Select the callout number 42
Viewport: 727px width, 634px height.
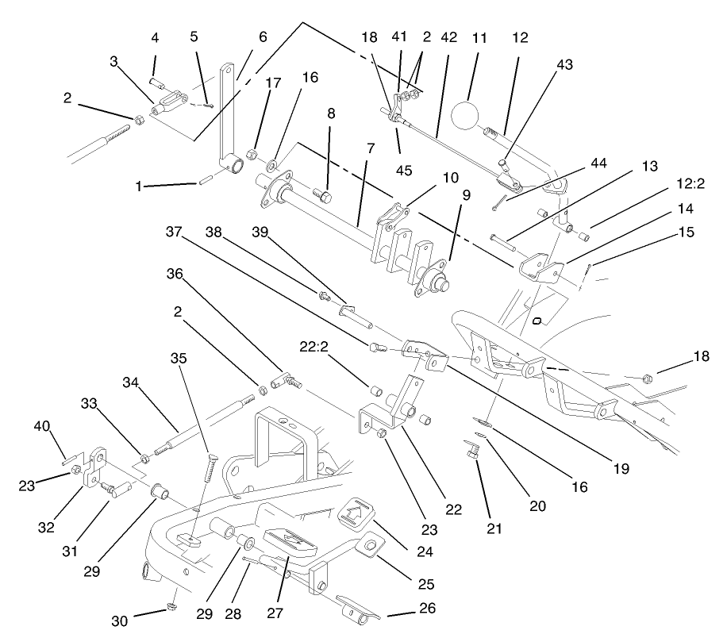tap(449, 37)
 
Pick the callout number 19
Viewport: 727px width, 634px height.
tap(621, 468)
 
